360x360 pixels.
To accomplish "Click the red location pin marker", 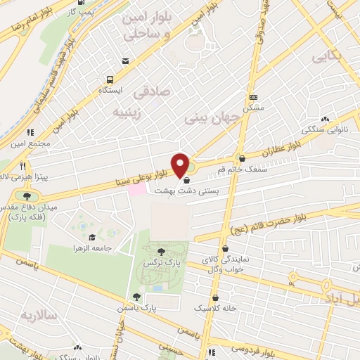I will point(181,165).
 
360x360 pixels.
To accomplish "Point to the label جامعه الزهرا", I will point(91,248).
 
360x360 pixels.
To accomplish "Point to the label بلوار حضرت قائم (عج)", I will point(298,219).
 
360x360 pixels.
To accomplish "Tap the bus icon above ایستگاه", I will point(109,79).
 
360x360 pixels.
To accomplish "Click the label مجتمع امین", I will point(30,143).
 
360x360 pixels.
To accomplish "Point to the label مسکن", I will point(253,108).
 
